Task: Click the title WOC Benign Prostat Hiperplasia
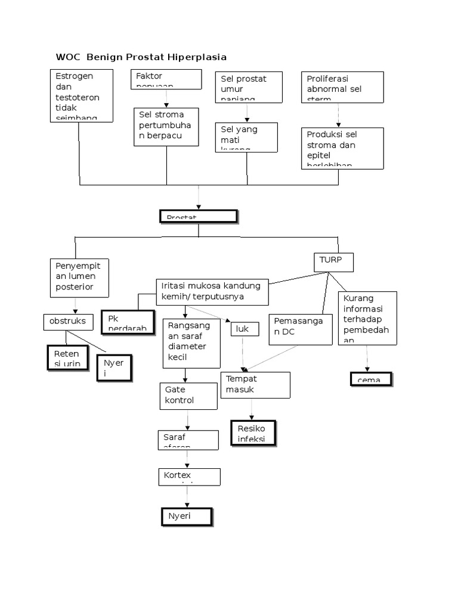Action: point(141,57)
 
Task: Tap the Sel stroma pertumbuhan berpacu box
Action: point(166,126)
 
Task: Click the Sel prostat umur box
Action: point(248,86)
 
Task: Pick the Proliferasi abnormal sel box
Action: point(342,87)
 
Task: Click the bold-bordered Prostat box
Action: point(199,216)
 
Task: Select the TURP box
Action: point(333,262)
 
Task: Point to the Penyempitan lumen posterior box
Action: point(79,277)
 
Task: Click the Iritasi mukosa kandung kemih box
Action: point(212,291)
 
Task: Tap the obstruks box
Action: point(68,322)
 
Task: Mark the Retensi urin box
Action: point(67,357)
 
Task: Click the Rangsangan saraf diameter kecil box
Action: point(191,343)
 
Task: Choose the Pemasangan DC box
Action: point(299,329)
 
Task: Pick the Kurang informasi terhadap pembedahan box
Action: point(367,318)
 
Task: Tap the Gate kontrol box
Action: point(188,396)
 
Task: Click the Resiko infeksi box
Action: point(254,432)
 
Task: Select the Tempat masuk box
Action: point(255,385)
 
